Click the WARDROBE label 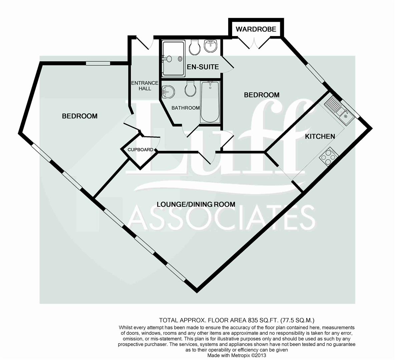[x=256, y=29]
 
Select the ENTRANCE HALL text [x=144, y=86]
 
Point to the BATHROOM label [x=185, y=108]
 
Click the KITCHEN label [x=320, y=136]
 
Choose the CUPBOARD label [x=140, y=150]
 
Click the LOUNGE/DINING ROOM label [x=196, y=204]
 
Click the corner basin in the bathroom [x=168, y=91]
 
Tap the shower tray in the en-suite [x=173, y=58]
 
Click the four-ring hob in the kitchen [x=329, y=156]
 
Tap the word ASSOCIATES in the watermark [x=222, y=218]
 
